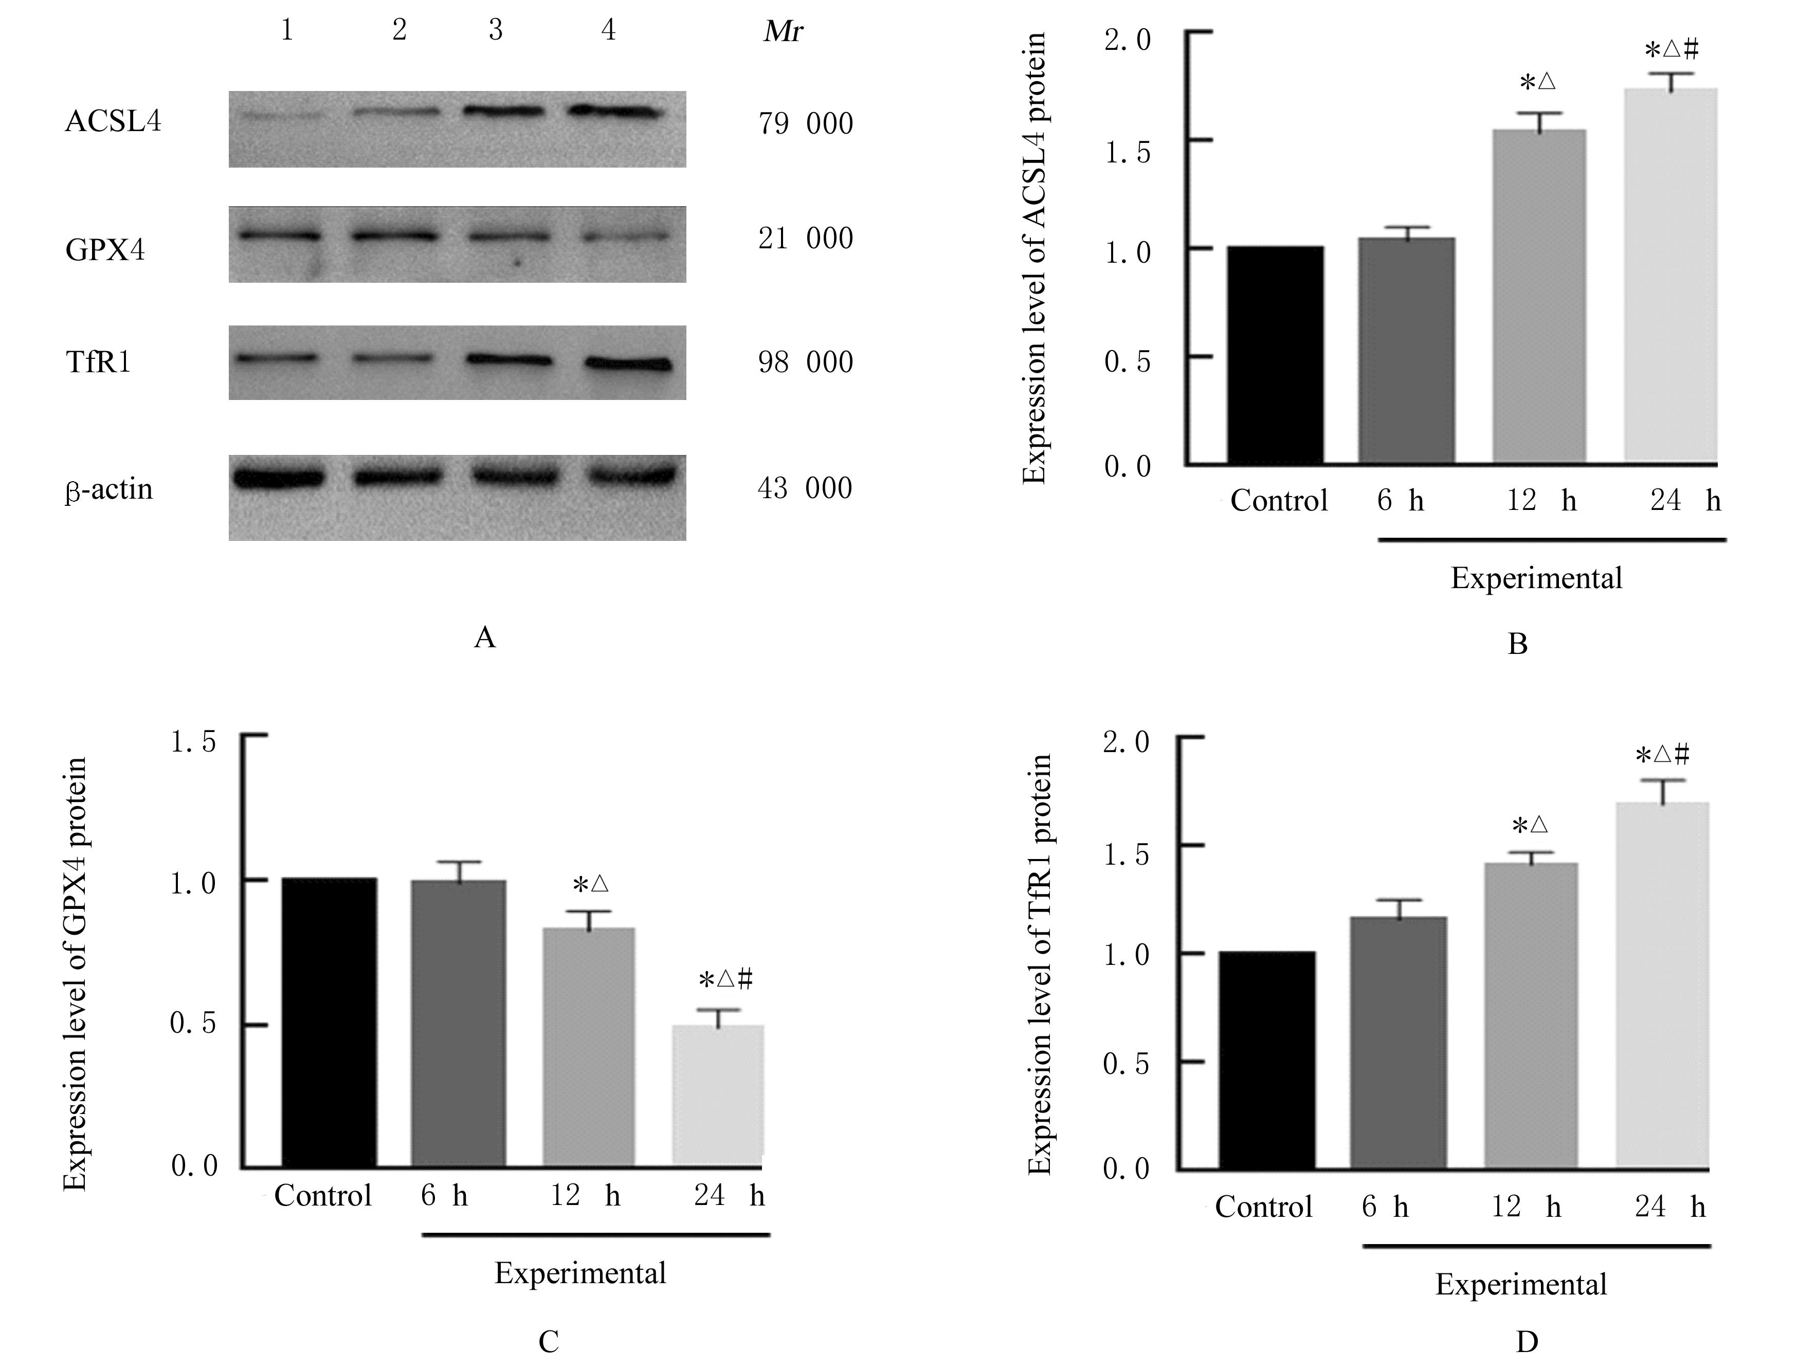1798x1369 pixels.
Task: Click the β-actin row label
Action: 108,489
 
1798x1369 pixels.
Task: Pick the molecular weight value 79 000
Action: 805,124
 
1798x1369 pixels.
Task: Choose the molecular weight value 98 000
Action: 805,362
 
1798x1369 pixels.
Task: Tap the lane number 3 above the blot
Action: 496,31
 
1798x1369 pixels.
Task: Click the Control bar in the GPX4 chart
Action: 329,1023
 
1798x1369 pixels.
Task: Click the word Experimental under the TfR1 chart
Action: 1521,1284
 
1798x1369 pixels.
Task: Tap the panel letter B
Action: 1517,644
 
